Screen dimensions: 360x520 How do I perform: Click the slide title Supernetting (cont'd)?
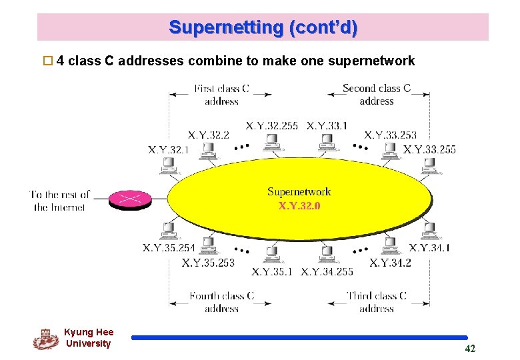click(x=263, y=28)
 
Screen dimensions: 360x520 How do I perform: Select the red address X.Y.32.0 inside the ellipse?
click(x=299, y=205)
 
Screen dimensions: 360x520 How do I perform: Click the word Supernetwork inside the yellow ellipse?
click(x=299, y=192)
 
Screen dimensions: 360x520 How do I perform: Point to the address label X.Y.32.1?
click(x=168, y=149)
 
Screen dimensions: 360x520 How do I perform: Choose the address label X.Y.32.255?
click(x=272, y=125)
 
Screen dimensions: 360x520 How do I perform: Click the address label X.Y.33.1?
click(x=327, y=125)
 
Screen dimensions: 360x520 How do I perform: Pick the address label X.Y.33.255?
click(x=429, y=149)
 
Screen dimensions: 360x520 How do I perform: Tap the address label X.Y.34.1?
click(x=429, y=248)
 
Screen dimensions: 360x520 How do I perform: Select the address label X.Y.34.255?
click(x=327, y=271)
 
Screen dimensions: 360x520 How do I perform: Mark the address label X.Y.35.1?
click(x=272, y=271)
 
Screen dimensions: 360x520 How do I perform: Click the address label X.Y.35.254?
click(x=169, y=248)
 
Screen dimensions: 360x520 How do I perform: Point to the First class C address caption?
click(x=221, y=95)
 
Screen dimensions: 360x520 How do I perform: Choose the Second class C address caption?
click(x=377, y=95)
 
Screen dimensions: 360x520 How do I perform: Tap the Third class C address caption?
click(x=377, y=302)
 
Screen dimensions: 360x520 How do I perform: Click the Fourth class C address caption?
click(x=221, y=302)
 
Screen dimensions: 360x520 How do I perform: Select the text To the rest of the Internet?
click(x=60, y=201)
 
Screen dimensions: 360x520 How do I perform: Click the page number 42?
click(x=470, y=349)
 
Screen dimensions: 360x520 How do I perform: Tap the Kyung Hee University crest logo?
click(x=45, y=339)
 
